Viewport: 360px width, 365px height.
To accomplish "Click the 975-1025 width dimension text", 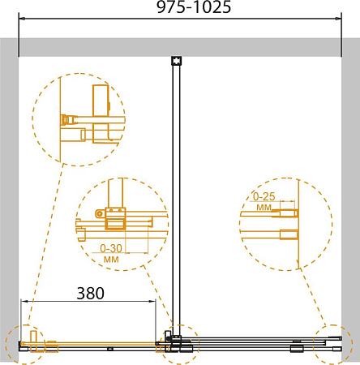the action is click(194, 7).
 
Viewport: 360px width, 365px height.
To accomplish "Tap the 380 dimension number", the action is click(91, 293).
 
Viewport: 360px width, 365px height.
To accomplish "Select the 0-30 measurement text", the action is click(111, 248).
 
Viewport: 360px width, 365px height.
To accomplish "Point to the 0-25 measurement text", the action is click(264, 196).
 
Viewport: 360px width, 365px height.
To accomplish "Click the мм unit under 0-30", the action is click(111, 260).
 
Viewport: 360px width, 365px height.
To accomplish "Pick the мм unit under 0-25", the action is click(264, 208).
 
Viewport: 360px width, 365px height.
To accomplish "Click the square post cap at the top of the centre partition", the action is click(177, 61).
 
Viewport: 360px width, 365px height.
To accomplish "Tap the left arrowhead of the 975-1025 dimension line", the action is click(22, 19).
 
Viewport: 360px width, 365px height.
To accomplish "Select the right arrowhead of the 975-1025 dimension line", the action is click(338, 19).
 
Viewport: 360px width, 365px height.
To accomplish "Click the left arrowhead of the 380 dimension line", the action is click(24, 301).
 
